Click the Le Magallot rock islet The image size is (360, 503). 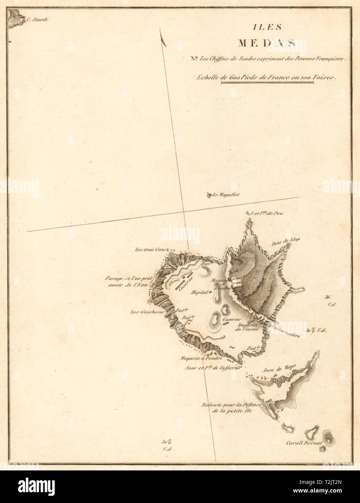click(x=209, y=196)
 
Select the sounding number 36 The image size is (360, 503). click(x=328, y=297)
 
